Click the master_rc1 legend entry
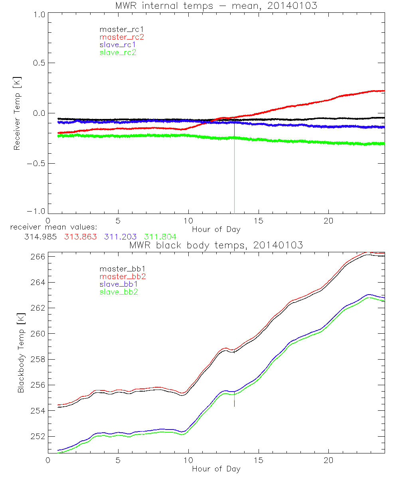[118, 29]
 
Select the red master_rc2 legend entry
[121, 37]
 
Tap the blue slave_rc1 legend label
[118, 44]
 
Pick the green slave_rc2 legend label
[118, 52]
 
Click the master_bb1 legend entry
[118, 269]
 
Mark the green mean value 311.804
[160, 236]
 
